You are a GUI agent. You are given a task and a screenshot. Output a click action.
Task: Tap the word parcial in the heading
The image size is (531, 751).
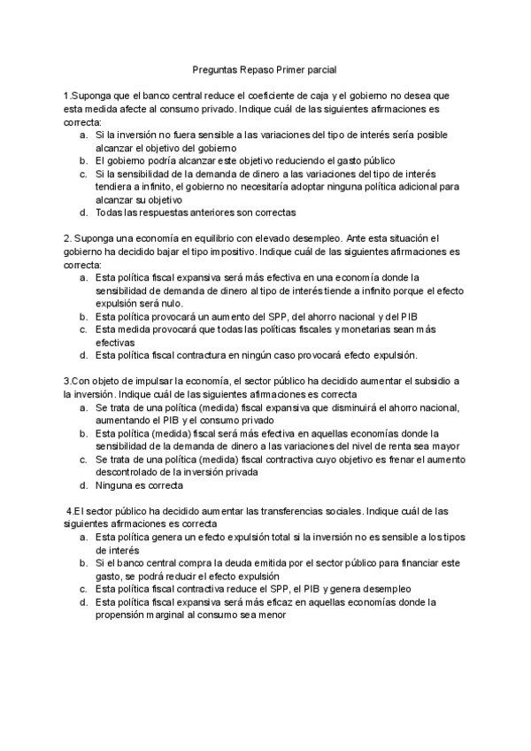[319, 68]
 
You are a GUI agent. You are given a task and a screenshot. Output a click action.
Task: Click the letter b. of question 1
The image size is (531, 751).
[82, 161]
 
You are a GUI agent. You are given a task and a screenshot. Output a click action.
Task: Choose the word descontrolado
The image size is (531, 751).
[132, 472]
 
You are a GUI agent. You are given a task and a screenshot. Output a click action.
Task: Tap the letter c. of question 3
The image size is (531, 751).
[82, 460]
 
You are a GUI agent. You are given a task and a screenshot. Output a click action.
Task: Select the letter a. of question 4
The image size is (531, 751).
[82, 537]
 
